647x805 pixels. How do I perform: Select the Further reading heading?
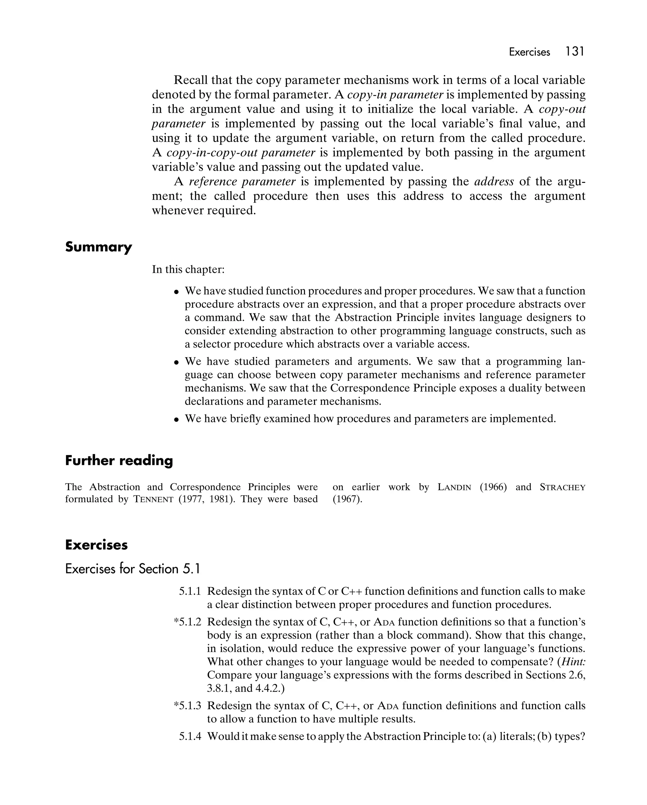(x=119, y=460)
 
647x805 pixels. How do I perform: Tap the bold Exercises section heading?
(x=96, y=545)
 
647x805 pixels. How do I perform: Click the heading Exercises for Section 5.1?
(x=133, y=569)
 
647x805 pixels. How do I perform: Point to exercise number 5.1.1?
(x=190, y=591)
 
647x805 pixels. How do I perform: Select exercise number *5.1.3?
(x=188, y=706)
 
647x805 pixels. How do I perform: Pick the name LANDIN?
(x=454, y=487)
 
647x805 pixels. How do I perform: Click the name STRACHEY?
(x=562, y=487)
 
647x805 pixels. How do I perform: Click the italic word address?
(x=494, y=182)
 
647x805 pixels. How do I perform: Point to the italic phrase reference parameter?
(x=242, y=182)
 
